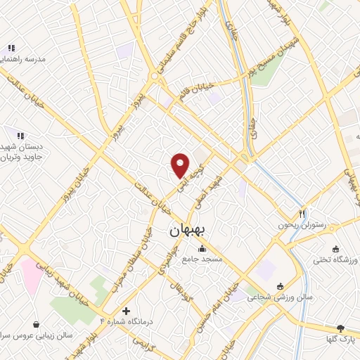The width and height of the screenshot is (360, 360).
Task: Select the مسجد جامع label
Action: click(x=202, y=260)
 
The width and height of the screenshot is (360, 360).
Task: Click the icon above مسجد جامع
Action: click(x=202, y=248)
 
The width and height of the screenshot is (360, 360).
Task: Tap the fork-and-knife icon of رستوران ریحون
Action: click(x=302, y=213)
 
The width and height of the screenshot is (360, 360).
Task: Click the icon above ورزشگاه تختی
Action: click(x=335, y=249)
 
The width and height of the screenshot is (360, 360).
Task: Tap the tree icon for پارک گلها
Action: click(x=341, y=328)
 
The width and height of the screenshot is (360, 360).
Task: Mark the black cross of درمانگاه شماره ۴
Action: click(x=126, y=310)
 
